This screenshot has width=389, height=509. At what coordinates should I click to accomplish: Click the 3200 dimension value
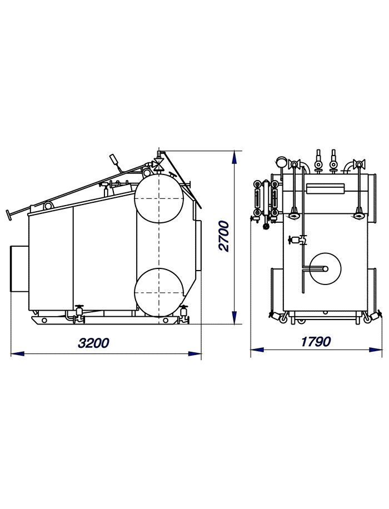[93, 343]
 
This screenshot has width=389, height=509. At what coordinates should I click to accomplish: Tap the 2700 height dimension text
[224, 236]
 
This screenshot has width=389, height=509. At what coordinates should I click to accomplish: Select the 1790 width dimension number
[316, 342]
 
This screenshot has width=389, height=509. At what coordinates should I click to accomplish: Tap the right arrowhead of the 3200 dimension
[195, 353]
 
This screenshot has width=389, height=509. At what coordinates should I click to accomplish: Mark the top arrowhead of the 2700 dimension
[234, 157]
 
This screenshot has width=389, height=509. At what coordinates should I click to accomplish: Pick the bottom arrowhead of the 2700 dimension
[234, 317]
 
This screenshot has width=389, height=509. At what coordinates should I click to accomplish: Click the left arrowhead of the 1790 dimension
[257, 350]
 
